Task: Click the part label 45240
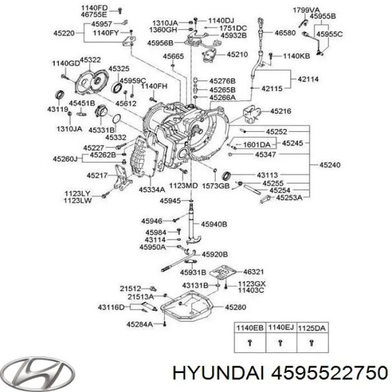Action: pyautogui.click(x=330, y=165)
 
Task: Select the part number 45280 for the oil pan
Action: pyautogui.click(x=236, y=307)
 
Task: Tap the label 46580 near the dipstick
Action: pyautogui.click(x=284, y=34)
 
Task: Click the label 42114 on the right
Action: pyautogui.click(x=309, y=80)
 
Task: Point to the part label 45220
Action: pyautogui.click(x=64, y=32)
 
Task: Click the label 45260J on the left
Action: pyautogui.click(x=66, y=159)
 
